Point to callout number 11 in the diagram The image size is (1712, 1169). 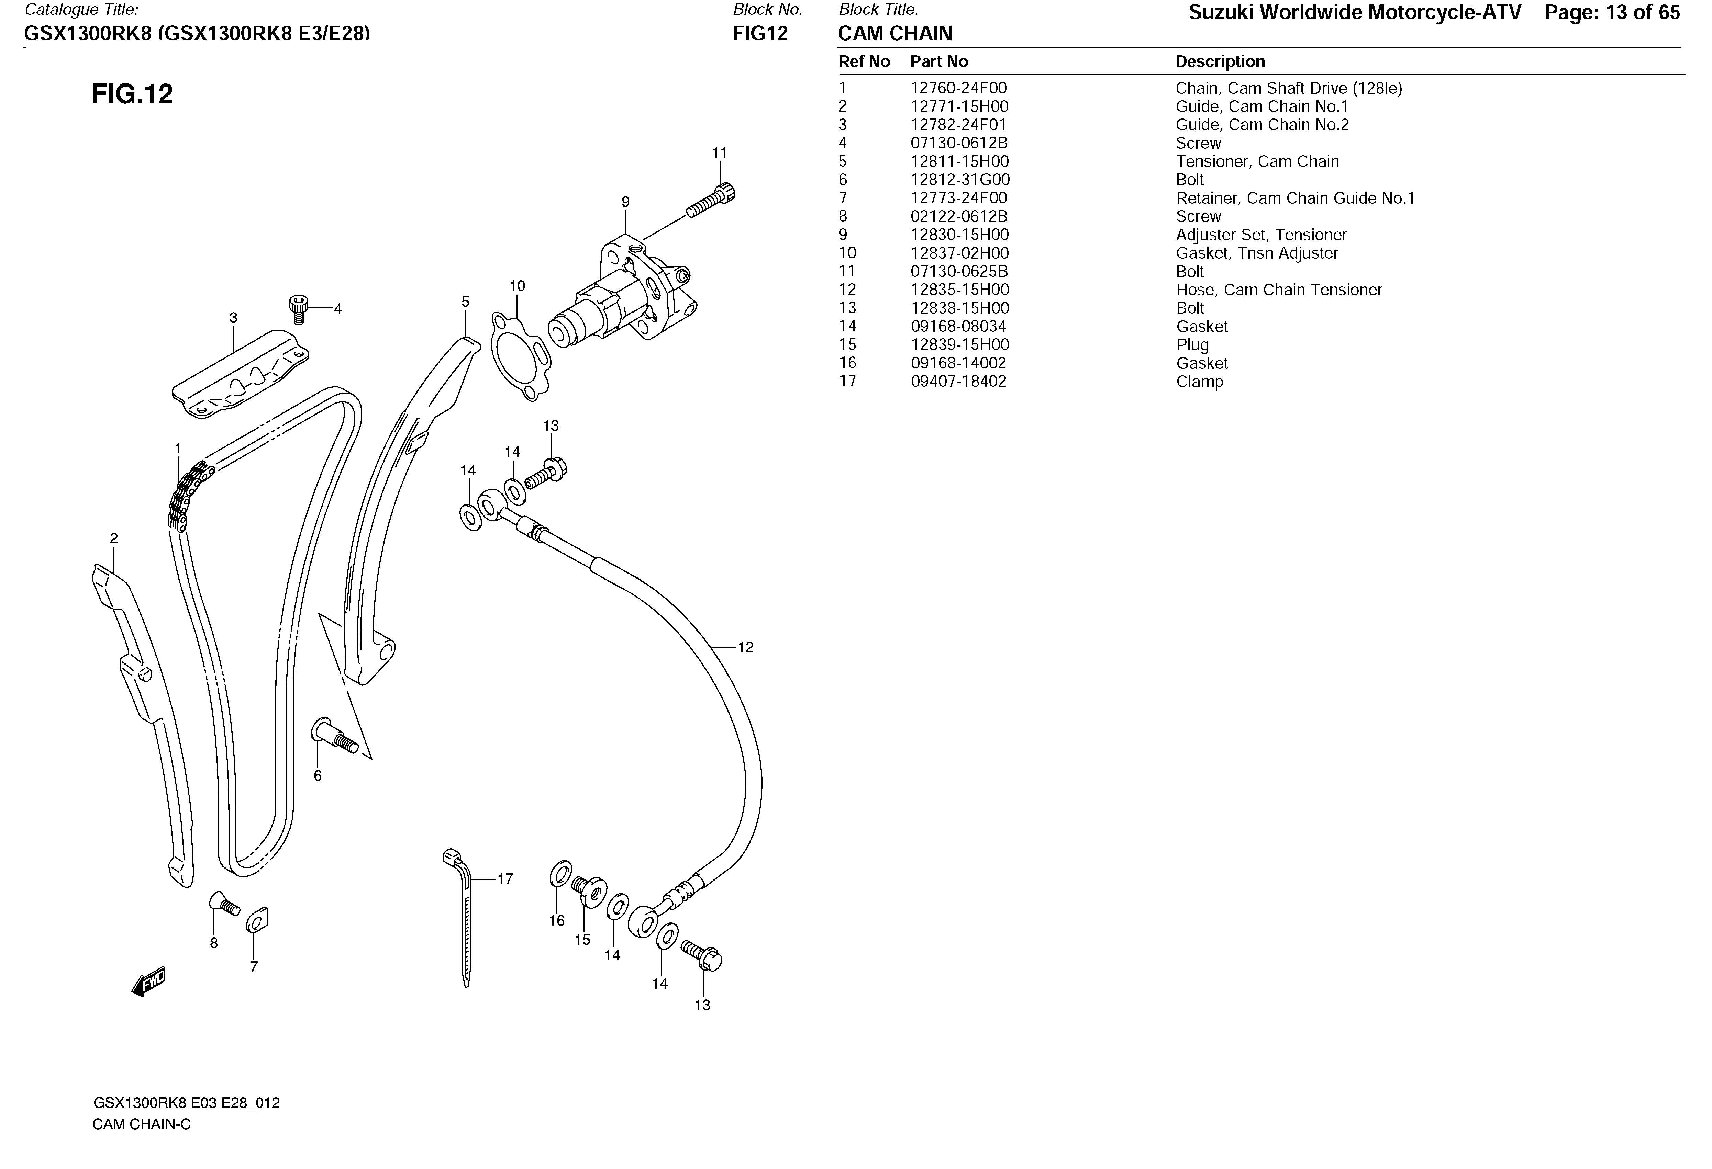coord(719,153)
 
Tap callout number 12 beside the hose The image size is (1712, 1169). coord(745,647)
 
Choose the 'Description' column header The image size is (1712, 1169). coord(1220,62)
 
